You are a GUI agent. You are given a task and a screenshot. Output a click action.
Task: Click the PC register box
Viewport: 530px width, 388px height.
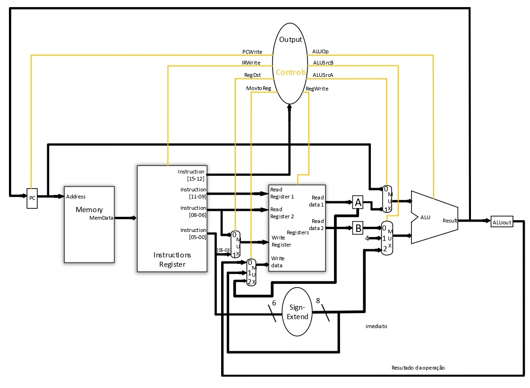pos(32,198)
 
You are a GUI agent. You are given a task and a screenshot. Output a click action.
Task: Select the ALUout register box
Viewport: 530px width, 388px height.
pos(502,222)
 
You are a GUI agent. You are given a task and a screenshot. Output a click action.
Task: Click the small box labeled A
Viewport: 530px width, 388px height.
pos(358,203)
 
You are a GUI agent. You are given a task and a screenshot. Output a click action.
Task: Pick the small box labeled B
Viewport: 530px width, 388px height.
pos(358,228)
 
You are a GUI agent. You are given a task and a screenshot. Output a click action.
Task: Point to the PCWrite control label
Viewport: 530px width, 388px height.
pos(252,52)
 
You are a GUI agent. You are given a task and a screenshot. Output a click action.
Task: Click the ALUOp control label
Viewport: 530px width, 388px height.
pos(320,51)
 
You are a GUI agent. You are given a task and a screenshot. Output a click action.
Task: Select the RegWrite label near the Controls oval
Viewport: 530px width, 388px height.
pos(317,89)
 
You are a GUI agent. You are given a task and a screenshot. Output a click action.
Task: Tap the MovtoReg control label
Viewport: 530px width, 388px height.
pos(258,88)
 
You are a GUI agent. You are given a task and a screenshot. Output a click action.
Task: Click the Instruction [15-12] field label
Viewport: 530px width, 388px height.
pos(192,174)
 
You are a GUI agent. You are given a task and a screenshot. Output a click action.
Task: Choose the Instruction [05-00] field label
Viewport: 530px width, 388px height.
pos(193,233)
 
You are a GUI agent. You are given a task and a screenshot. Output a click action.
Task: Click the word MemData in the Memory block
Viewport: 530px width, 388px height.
pos(101,218)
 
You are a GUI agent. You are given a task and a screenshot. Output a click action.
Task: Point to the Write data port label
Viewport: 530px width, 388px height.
pos(278,262)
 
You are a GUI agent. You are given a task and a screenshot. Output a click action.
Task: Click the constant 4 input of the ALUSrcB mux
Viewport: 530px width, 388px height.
pos(367,238)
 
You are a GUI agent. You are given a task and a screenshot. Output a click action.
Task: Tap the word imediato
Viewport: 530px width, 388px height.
pos(376,326)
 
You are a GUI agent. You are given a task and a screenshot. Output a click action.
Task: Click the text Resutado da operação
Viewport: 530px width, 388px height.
pos(418,368)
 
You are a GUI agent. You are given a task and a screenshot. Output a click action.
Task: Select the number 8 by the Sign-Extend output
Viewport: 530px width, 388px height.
pos(318,301)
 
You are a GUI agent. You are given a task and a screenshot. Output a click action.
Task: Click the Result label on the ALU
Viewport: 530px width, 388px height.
pos(450,221)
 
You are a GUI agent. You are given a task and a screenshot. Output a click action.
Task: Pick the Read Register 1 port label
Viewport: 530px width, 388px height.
pos(282,193)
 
